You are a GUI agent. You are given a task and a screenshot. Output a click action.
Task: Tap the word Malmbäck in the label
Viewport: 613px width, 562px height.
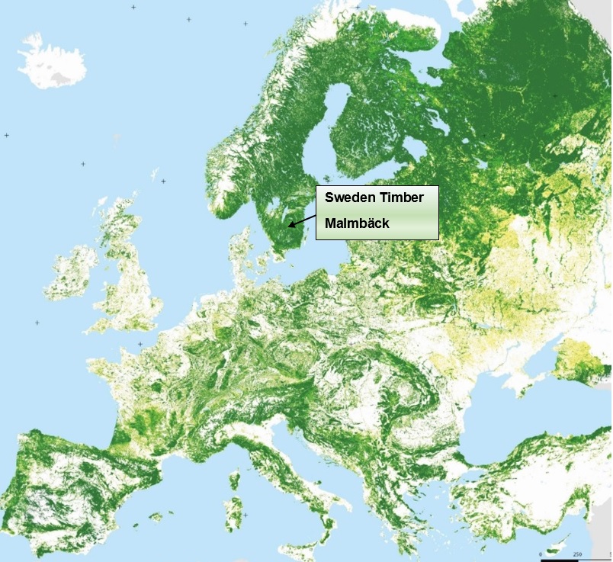pyautogui.click(x=357, y=223)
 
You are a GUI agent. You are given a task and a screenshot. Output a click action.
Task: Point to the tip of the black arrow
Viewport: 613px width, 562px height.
pyautogui.click(x=288, y=226)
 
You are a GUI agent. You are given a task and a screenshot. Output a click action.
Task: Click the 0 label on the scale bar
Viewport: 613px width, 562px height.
pyautogui.click(x=540, y=554)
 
